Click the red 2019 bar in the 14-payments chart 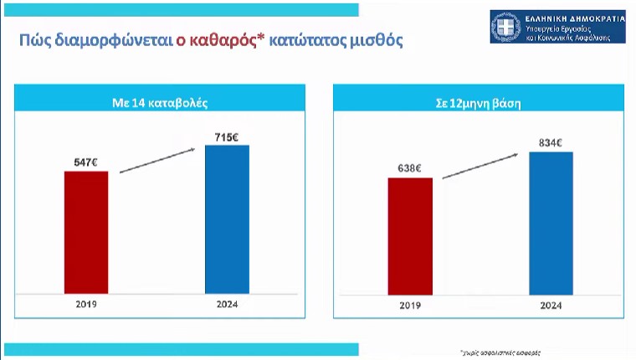(85, 232)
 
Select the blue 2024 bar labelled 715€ (227, 219)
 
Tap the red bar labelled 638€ (410, 235)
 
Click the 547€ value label (85, 162)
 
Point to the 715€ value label (227, 136)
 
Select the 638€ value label (410, 168)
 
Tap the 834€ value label (551, 142)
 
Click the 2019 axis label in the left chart (85, 304)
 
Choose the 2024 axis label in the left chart (227, 304)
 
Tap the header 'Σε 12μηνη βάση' (480, 105)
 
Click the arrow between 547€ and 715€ (157, 160)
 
